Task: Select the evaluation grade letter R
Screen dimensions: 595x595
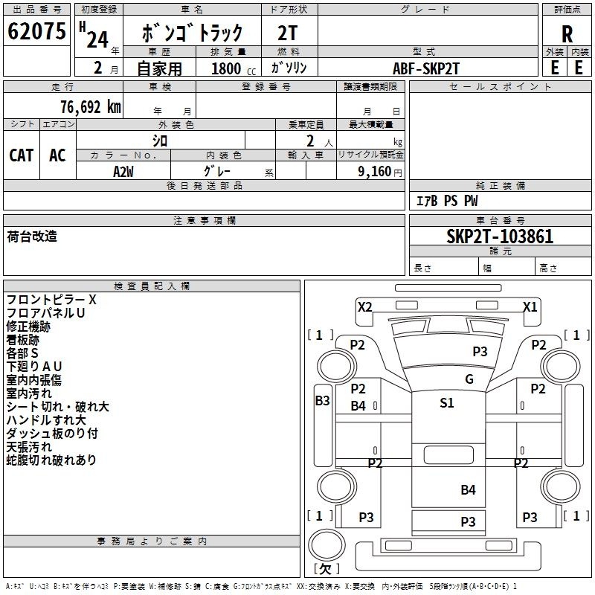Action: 567,33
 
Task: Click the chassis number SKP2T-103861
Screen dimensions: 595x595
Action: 500,237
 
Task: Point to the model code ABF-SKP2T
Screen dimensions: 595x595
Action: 426,68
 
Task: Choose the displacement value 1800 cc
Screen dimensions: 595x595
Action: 228,68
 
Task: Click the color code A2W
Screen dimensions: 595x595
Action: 123,170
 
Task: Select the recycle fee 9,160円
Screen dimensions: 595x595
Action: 379,171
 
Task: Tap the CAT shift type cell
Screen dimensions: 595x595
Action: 21,155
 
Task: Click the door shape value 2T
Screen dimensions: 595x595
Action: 289,33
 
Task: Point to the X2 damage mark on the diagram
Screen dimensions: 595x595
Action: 364,306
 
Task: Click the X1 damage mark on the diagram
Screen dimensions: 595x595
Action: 530,306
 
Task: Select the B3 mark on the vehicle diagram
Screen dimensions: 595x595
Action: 322,401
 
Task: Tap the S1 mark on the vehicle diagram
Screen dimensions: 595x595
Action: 446,404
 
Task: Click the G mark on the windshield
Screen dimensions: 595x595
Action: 469,379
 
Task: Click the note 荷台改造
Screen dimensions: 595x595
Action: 32,237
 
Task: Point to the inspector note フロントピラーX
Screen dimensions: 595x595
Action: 51,300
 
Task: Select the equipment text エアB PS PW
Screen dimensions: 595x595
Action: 446,201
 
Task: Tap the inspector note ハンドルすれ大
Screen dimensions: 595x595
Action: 46,420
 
